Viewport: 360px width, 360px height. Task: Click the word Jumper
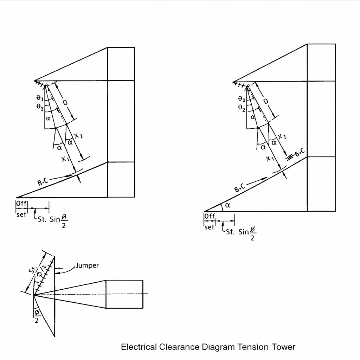(x=87, y=266)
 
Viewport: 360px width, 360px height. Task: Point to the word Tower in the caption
(x=283, y=347)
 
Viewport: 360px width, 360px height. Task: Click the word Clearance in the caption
(x=180, y=347)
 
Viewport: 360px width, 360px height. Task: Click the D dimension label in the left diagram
(x=65, y=102)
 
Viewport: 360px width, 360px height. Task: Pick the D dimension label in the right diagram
(x=266, y=101)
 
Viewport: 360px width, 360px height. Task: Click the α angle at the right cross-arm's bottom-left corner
(x=227, y=205)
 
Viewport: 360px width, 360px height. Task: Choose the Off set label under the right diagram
(x=210, y=221)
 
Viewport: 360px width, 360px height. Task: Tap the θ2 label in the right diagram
(x=242, y=108)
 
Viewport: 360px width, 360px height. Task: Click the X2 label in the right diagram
(x=282, y=137)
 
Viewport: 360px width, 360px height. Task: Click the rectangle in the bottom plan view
(x=124, y=294)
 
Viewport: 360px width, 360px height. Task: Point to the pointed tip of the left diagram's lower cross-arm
(x=17, y=197)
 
